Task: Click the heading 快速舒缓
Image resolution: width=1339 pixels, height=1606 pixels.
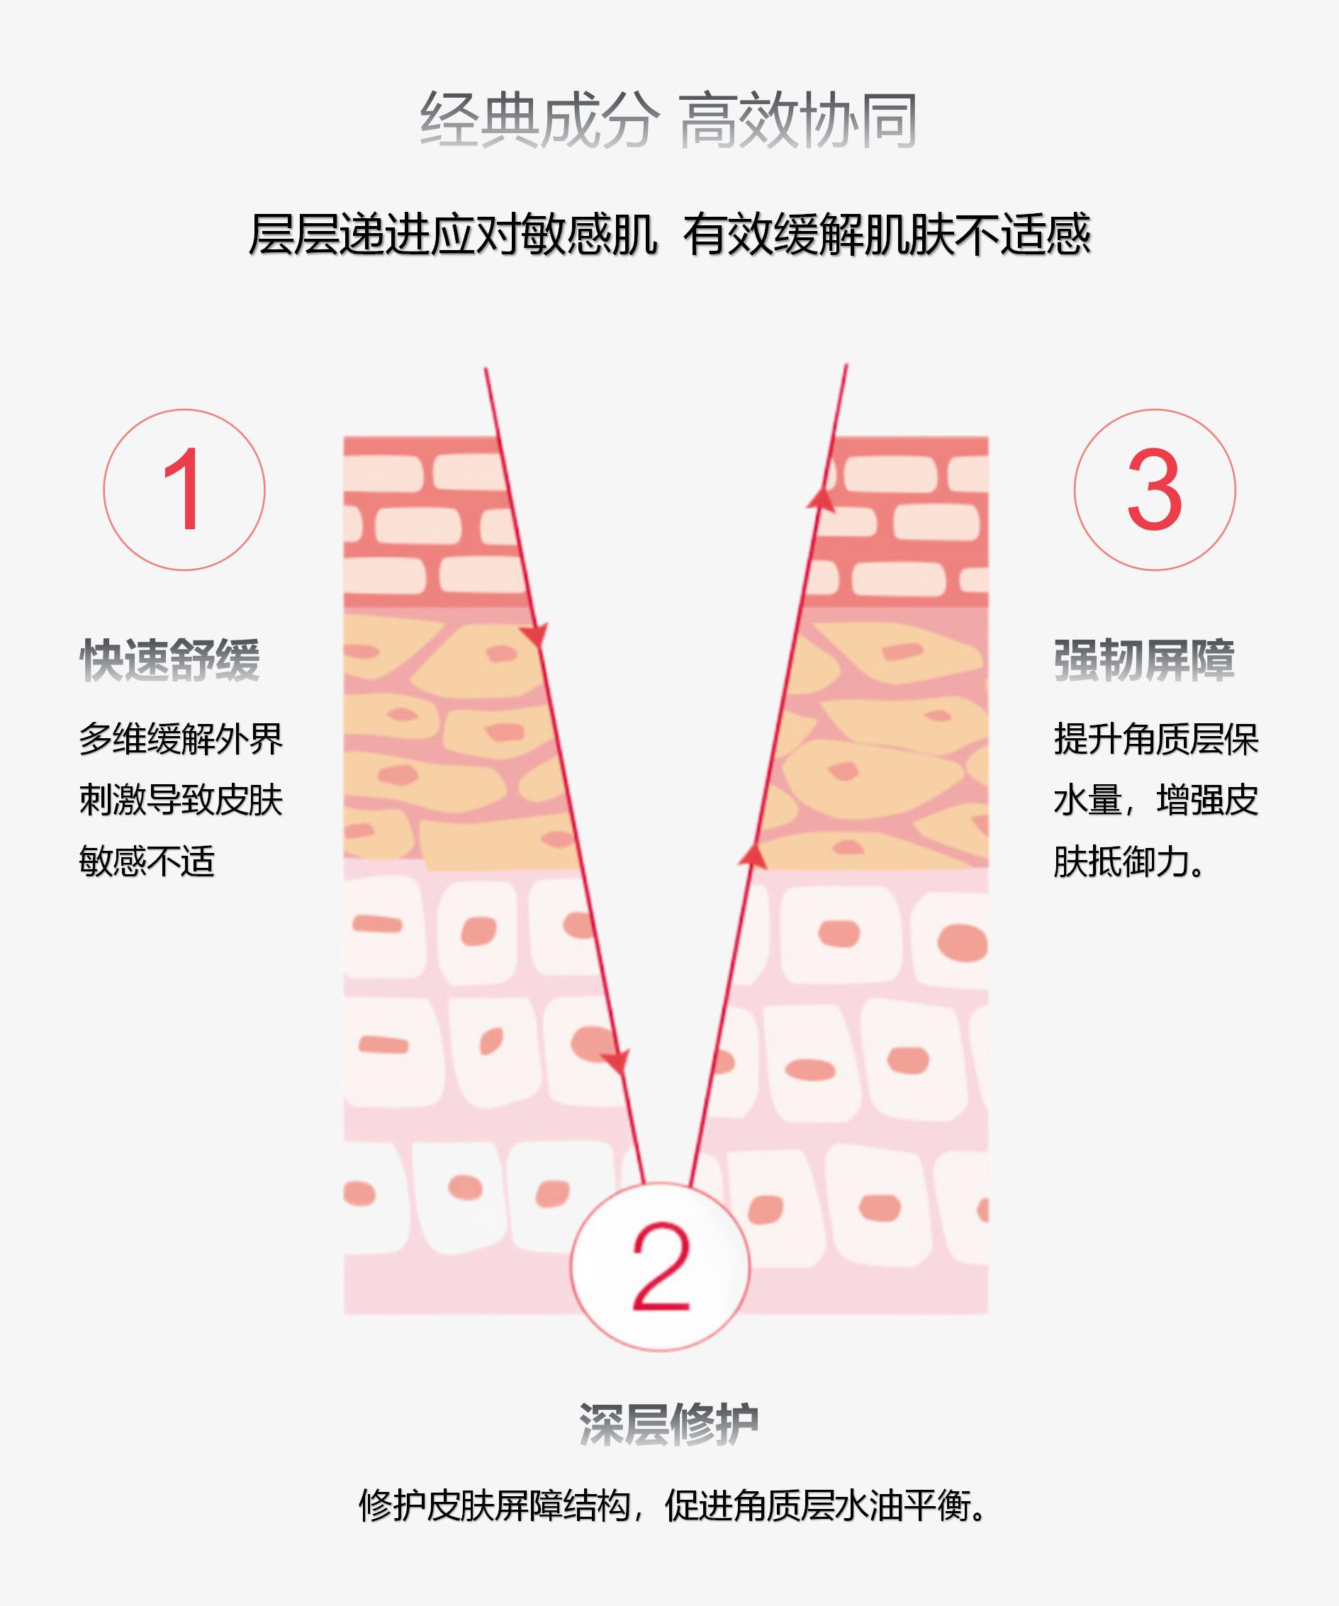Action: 170,660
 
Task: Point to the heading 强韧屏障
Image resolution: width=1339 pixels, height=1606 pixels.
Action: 1144,660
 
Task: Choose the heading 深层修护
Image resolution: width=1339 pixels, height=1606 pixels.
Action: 668,1423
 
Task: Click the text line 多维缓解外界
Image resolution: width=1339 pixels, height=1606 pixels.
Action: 181,740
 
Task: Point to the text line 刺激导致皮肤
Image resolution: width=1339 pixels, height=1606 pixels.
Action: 181,801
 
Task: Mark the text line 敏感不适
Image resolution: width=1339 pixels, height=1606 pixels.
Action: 147,862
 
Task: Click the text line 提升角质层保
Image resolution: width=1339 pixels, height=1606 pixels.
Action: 1156,740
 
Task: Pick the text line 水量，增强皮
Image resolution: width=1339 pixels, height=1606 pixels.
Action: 1156,801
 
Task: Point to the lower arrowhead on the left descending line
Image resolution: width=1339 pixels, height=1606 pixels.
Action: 616,1061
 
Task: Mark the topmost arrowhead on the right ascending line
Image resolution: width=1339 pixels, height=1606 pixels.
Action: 821,499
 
